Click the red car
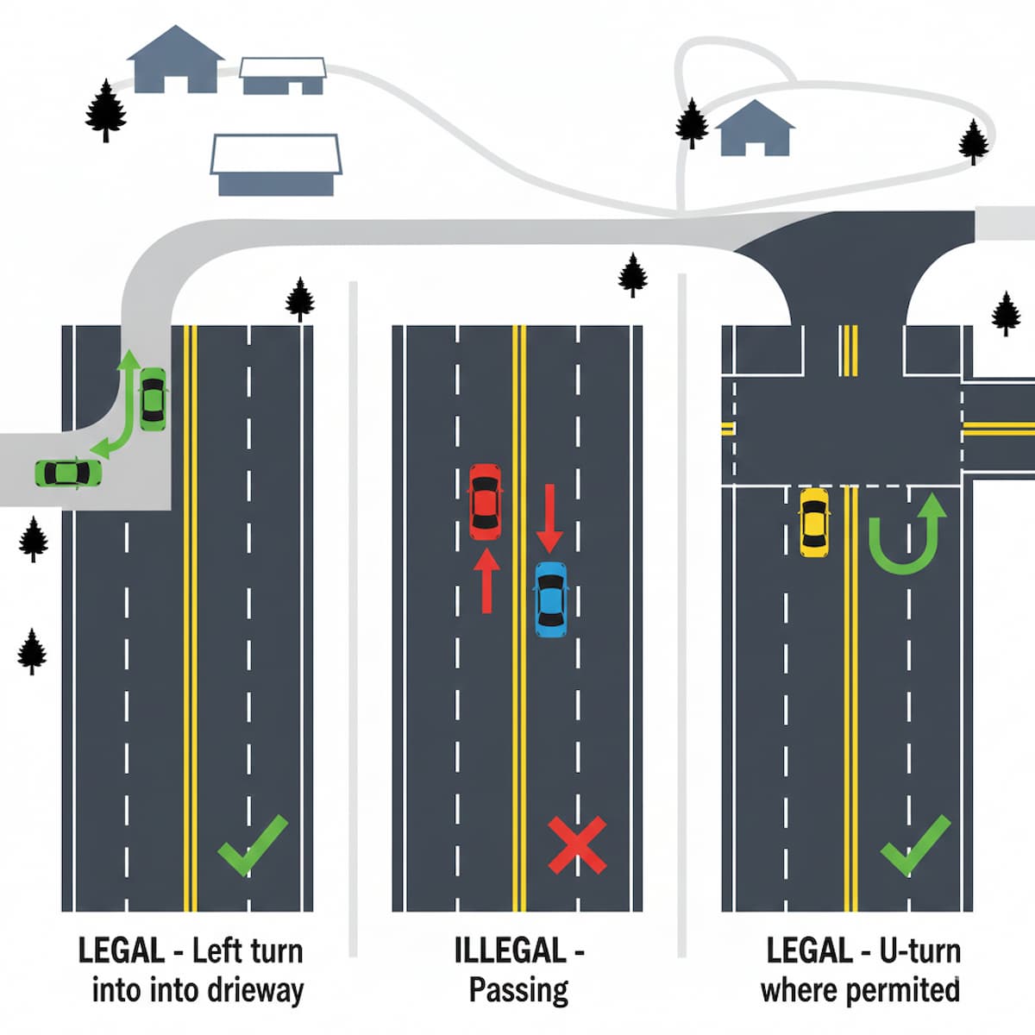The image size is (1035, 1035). (485, 502)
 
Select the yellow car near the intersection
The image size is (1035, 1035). (813, 522)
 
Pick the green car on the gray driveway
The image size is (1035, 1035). (67, 473)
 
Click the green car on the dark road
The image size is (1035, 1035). (153, 398)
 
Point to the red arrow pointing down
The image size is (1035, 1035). (549, 517)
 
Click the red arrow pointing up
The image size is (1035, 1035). (486, 580)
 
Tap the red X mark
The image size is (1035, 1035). (577, 845)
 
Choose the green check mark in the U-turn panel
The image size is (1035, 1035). (915, 845)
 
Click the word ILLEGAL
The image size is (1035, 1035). (509, 951)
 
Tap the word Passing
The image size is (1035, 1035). (518, 990)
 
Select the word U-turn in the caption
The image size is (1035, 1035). (920, 951)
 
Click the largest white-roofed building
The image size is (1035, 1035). (276, 164)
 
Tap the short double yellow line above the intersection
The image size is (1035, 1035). (850, 350)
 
